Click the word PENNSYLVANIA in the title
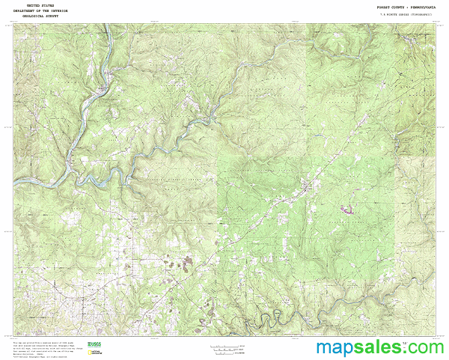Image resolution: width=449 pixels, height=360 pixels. click(416, 5)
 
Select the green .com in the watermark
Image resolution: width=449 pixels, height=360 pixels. click(425, 348)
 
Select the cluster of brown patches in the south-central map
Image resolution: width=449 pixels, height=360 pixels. click(183, 262)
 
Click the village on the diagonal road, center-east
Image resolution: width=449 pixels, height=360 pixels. click(307, 187)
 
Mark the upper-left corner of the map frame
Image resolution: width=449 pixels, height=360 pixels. click(13, 23)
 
